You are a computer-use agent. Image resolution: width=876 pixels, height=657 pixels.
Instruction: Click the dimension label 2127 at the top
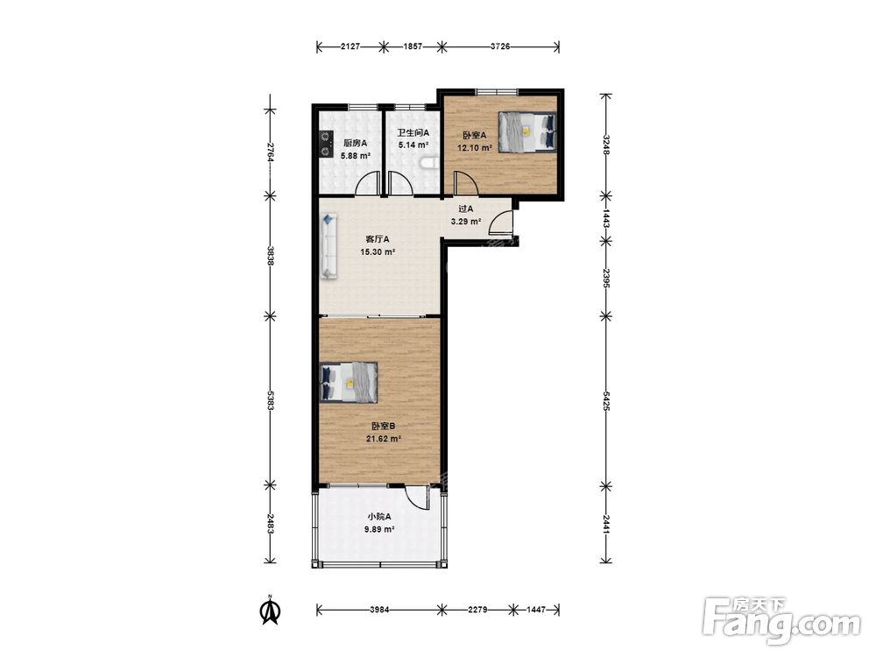pyautogui.click(x=350, y=47)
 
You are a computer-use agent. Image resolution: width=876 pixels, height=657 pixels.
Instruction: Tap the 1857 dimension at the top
pyautogui.click(x=413, y=47)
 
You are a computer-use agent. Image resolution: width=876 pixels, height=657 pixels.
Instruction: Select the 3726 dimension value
pyautogui.click(x=500, y=47)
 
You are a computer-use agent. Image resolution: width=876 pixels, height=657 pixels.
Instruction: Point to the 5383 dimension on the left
pyautogui.click(x=271, y=399)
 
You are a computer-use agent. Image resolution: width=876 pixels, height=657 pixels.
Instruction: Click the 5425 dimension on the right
pyautogui.click(x=606, y=399)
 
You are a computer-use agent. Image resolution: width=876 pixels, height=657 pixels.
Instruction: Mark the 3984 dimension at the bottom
pyautogui.click(x=379, y=610)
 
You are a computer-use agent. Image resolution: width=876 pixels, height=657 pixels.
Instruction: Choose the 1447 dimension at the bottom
pyautogui.click(x=536, y=610)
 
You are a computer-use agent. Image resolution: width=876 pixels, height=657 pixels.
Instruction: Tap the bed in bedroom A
pyautogui.click(x=527, y=132)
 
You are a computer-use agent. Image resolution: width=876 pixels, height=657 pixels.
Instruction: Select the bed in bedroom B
pyautogui.click(x=349, y=382)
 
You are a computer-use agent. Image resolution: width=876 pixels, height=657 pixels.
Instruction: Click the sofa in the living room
pyautogui.click(x=329, y=245)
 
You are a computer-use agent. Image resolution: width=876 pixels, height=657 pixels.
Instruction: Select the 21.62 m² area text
pyautogui.click(x=384, y=439)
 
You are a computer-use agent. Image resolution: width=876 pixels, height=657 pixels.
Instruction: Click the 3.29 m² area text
pyautogui.click(x=466, y=222)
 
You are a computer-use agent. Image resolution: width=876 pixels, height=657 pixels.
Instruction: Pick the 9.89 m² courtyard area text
pyautogui.click(x=379, y=529)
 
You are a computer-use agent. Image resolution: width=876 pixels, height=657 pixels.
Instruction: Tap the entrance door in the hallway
pyautogui.click(x=501, y=223)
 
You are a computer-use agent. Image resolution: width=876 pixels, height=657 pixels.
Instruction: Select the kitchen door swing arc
pyautogui.click(x=367, y=183)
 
